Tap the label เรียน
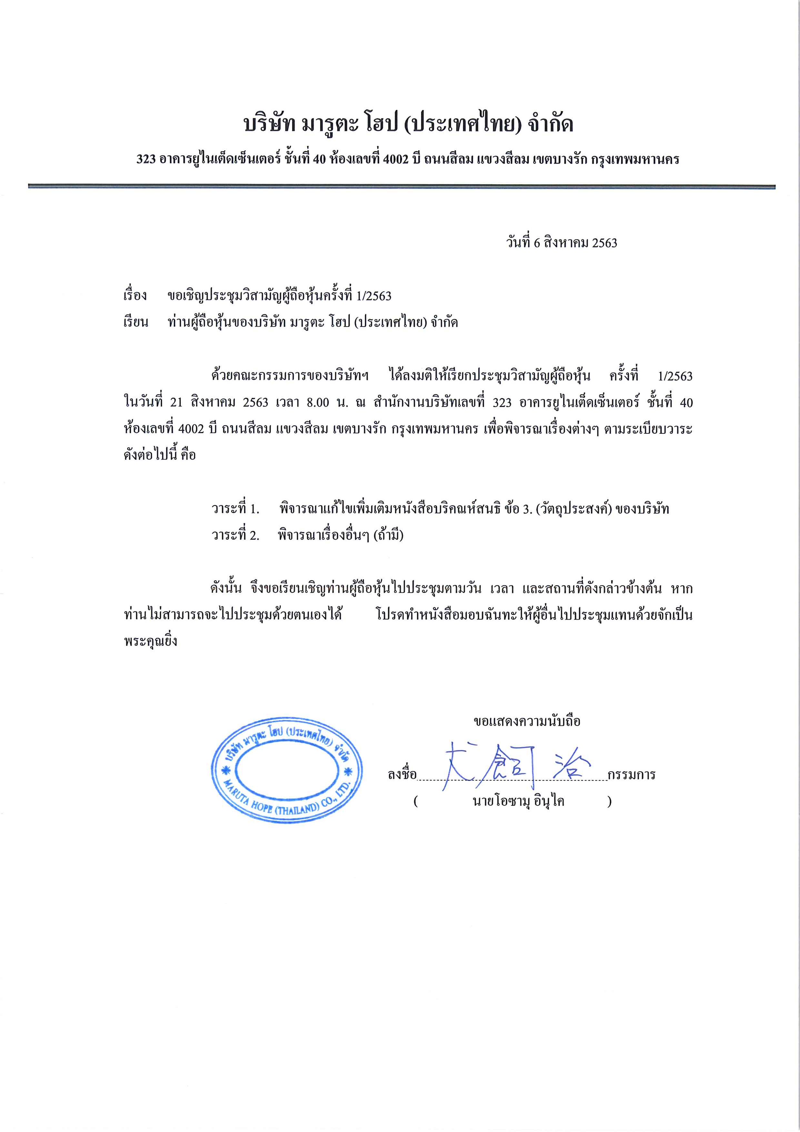135,322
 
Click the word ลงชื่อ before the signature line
402,774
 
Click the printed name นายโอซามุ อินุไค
518,801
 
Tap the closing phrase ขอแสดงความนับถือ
527,721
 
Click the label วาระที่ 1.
235,509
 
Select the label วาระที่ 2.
235,535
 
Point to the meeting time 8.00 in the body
317,402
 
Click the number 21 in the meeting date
176,402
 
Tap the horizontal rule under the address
401,187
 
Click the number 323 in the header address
146,159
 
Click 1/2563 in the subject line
374,296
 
